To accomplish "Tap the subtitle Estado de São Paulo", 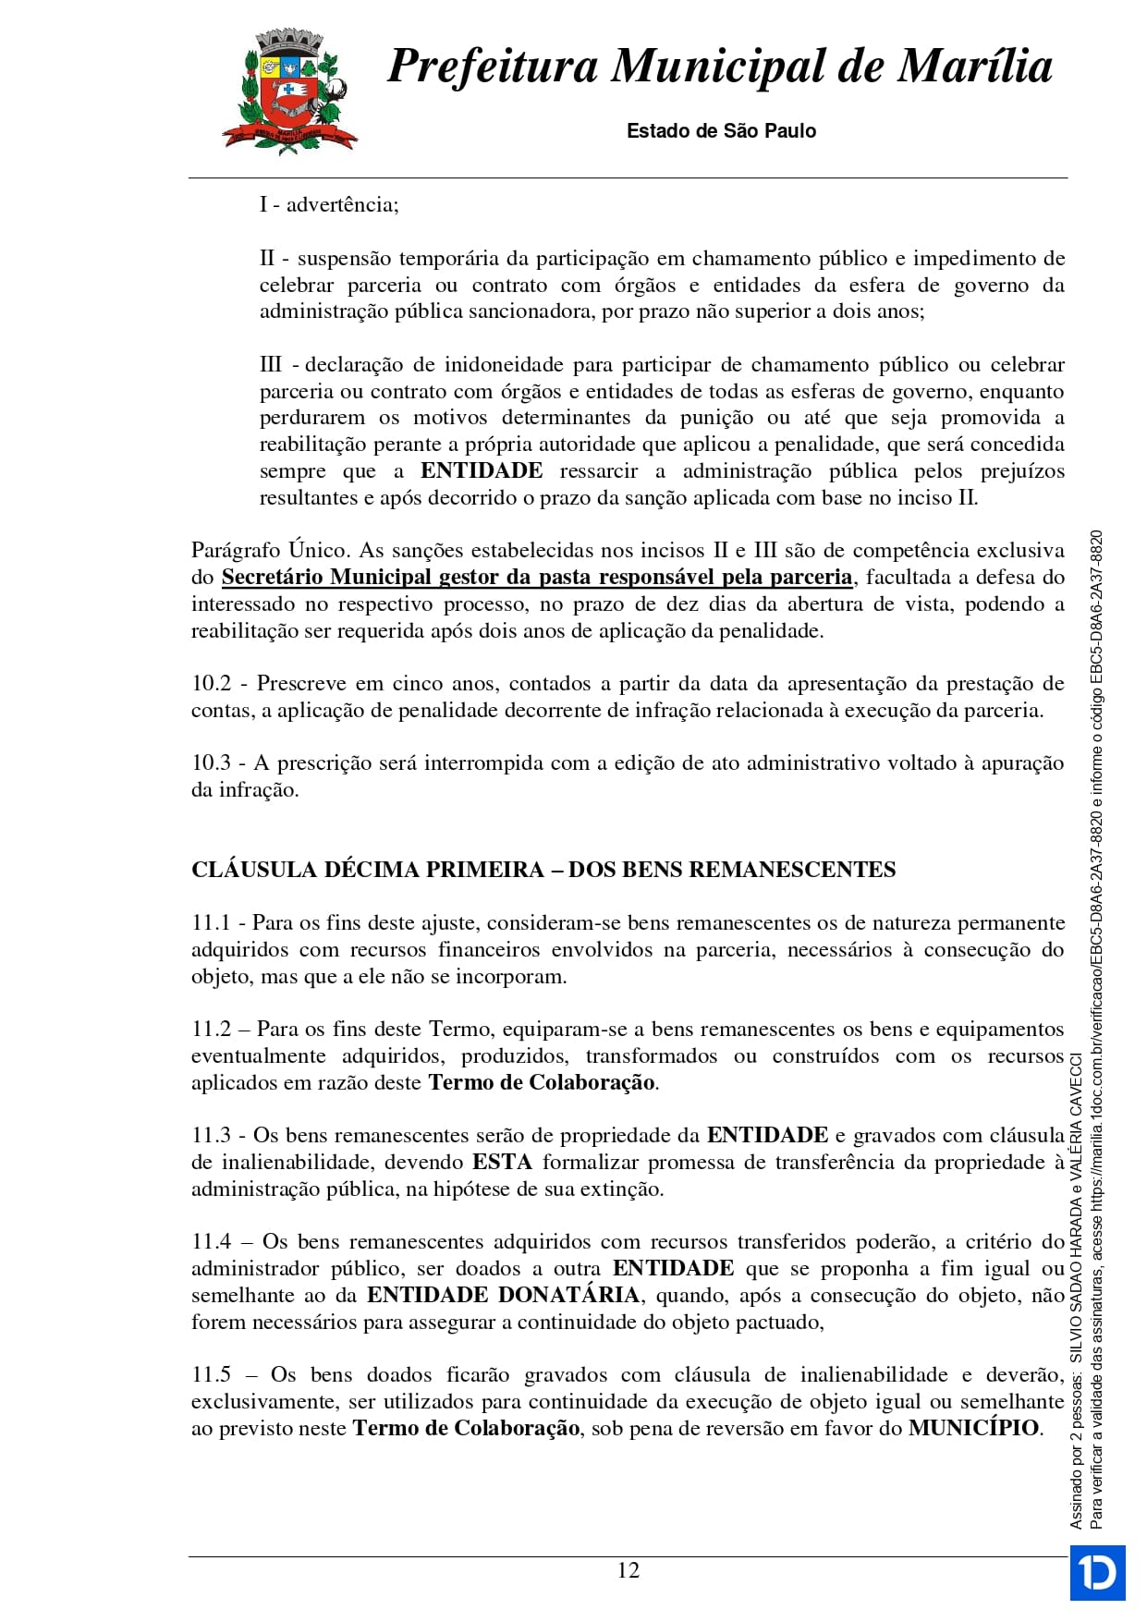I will point(721,131).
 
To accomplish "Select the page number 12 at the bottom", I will point(628,1570).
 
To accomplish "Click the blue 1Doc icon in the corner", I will point(1097,1572).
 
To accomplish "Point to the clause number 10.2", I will point(211,684).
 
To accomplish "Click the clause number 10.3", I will point(211,763).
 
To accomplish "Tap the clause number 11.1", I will point(210,923).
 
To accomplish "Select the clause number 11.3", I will point(211,1136).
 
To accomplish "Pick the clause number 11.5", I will point(211,1375).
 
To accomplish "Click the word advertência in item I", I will point(341,205).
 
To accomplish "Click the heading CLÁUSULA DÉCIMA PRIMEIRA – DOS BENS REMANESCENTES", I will point(543,870).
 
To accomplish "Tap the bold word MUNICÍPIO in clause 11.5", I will point(973,1428).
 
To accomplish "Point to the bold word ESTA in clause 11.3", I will point(502,1163).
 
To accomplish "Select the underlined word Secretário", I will point(272,578).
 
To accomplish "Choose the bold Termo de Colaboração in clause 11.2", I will point(542,1083).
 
